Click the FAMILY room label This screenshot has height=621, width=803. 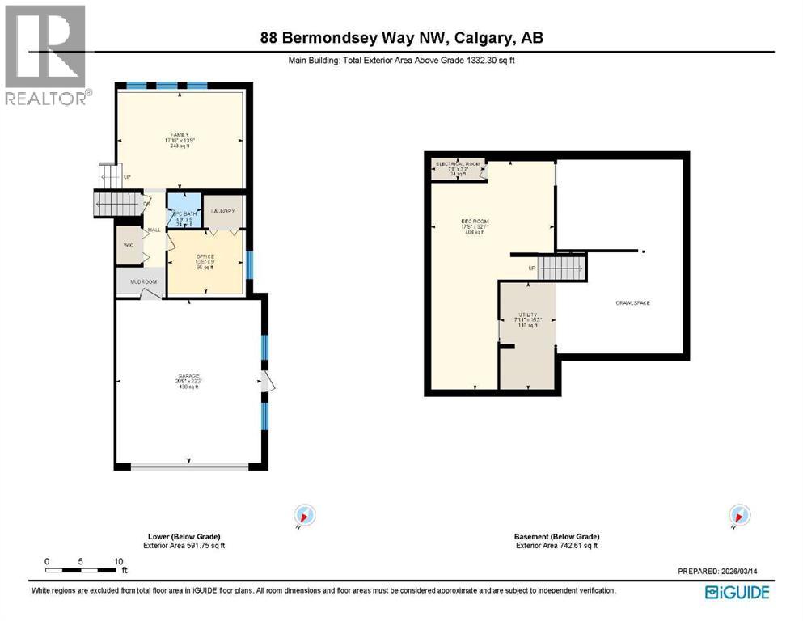click(x=179, y=134)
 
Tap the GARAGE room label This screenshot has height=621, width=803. click(x=188, y=376)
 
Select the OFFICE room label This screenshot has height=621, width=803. click(x=205, y=256)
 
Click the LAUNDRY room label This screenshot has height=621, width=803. click(x=222, y=212)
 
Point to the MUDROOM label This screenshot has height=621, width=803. click(x=142, y=283)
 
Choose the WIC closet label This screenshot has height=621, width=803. click(x=127, y=244)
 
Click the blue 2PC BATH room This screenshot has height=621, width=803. click(x=184, y=212)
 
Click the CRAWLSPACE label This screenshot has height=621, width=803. click(x=633, y=303)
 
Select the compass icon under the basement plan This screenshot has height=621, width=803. click(x=738, y=515)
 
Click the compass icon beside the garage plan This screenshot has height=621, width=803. click(x=304, y=515)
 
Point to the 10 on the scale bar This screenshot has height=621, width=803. click(x=118, y=561)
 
